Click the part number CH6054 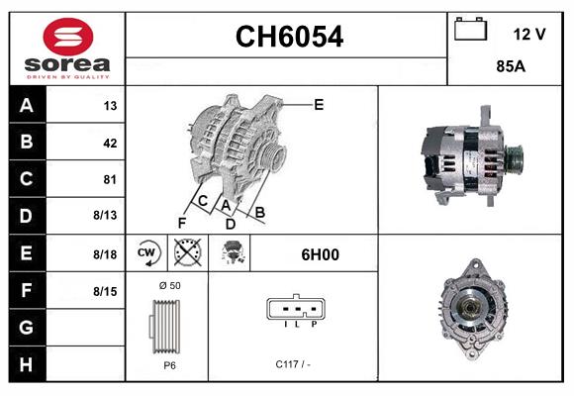(x=288, y=38)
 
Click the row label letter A (x=26, y=105)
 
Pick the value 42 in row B (x=110, y=143)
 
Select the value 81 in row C (x=110, y=179)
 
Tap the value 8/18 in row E (x=105, y=254)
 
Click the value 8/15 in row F (x=105, y=291)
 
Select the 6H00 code (x=320, y=254)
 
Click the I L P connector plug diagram (x=292, y=312)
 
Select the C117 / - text (x=292, y=364)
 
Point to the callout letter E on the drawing (x=319, y=104)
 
